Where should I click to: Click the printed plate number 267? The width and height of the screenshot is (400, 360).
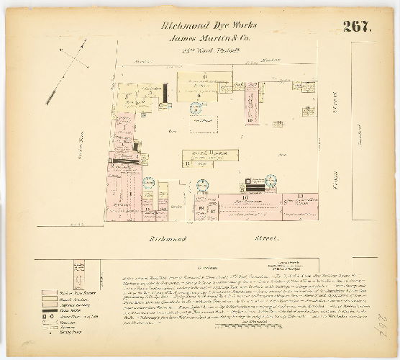[356, 27]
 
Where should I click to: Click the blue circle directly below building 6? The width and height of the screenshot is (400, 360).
[195, 109]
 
